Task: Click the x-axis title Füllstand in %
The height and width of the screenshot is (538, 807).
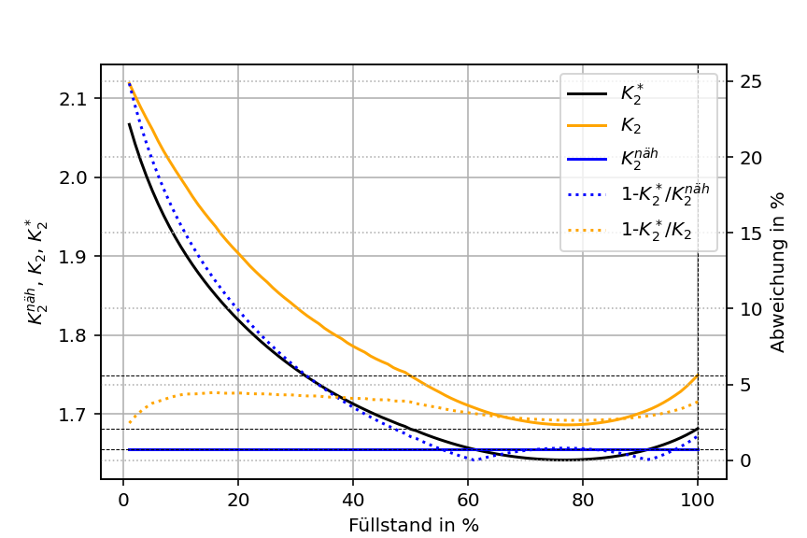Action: pos(413,525)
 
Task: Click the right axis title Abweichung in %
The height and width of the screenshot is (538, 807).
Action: pos(778,271)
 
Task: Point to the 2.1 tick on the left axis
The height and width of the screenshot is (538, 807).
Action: pos(79,99)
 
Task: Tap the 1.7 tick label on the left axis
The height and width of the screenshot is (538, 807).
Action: pos(79,414)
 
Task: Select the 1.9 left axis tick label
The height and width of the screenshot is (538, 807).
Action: pos(79,257)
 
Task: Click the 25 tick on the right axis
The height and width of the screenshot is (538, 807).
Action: pos(750,81)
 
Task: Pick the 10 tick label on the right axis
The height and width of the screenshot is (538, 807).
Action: pos(750,309)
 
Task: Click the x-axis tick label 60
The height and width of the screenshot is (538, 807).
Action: pos(467,498)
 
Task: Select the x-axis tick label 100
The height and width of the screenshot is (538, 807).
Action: pos(697,498)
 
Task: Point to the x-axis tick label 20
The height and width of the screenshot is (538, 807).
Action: pos(237,498)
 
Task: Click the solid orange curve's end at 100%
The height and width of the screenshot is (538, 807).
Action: pos(697,375)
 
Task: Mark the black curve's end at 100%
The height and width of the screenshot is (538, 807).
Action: pos(697,429)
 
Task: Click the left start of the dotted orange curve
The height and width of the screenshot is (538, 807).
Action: pos(129,423)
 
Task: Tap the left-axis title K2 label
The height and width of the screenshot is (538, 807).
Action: pos(37,271)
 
